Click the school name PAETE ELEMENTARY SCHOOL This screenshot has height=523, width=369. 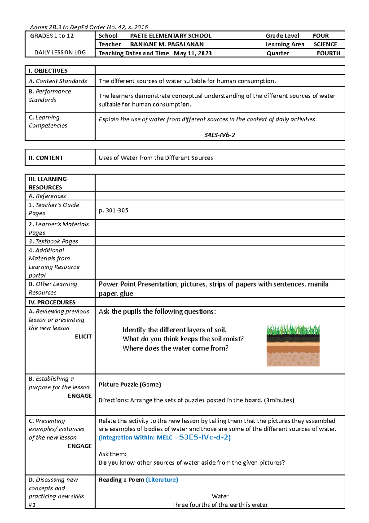(171, 36)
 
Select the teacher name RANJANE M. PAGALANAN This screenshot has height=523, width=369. (167, 44)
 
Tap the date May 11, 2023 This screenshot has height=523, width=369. (192, 53)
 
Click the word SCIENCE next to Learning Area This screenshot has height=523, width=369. (325, 44)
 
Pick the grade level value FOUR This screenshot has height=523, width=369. (320, 36)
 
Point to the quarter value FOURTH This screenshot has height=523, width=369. (328, 53)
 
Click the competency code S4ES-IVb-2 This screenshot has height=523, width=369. (220, 135)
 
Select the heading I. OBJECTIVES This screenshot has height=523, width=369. (48, 71)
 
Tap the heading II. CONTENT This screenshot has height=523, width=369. (46, 158)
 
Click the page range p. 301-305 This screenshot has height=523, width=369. (113, 210)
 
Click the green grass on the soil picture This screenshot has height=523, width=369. (293, 330)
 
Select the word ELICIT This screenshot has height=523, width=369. (83, 336)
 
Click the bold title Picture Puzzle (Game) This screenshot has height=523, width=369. (130, 384)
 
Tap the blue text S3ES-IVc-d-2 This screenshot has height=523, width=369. (204, 437)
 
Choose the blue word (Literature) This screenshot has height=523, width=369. (162, 480)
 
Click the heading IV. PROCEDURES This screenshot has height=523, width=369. (52, 302)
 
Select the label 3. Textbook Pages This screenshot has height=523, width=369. (53, 241)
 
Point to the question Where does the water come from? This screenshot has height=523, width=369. (175, 348)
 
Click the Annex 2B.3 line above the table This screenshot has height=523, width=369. (89, 27)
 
